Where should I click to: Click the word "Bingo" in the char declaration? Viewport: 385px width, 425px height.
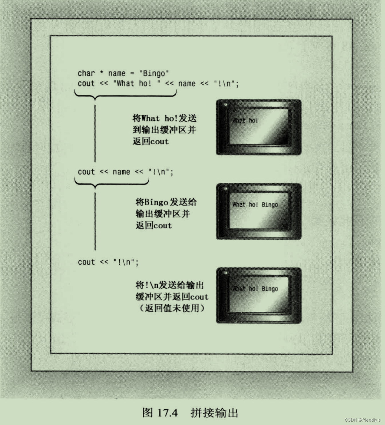pos(154,74)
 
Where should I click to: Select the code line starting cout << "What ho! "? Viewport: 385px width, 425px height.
pos(158,84)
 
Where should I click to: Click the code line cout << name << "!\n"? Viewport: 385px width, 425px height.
pos(125,172)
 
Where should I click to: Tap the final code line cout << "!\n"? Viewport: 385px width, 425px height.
pos(108,262)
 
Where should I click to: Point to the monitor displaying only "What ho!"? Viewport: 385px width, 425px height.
pos(259,128)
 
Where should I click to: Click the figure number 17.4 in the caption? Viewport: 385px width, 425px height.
pos(167,413)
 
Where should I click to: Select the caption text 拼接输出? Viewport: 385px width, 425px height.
pos(214,413)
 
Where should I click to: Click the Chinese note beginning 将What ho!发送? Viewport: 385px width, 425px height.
pos(164,118)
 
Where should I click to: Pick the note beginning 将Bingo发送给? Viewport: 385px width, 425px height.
pos(166,202)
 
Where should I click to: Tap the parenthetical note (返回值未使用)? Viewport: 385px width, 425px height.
pos(172,308)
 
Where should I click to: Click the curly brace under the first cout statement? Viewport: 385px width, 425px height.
pos(125,95)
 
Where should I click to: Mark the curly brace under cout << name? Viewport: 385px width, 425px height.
pos(112,182)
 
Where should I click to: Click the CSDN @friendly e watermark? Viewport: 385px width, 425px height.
pos(363,420)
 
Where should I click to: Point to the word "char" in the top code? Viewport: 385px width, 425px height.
pos(86,74)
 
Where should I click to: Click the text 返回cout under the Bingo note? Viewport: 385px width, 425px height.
pos(154,225)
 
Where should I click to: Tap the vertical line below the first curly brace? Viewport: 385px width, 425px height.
pos(95,133)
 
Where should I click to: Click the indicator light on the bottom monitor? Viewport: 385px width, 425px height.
pos(226,273)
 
